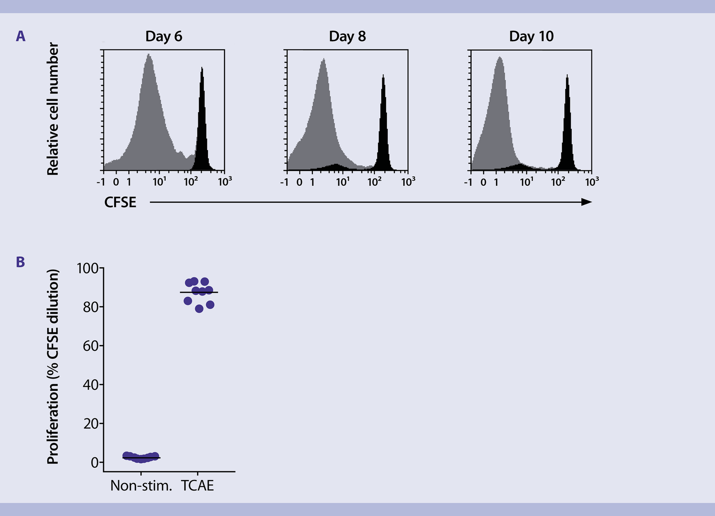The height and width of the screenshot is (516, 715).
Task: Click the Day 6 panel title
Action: point(164,36)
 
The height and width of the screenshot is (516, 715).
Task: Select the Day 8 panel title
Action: point(347,36)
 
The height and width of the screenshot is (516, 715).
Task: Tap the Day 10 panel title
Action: point(531,36)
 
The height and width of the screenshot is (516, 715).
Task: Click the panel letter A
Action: point(21,36)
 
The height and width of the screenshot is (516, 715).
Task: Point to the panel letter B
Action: point(20,262)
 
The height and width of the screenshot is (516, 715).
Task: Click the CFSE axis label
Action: point(120,202)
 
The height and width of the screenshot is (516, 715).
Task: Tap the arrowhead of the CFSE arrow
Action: point(587,202)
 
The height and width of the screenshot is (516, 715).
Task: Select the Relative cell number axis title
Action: point(53,109)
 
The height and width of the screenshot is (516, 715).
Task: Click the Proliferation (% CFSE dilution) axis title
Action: point(53,367)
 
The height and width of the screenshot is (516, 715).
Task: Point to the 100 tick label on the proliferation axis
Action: point(88,268)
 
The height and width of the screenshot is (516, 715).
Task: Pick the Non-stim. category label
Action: point(141,486)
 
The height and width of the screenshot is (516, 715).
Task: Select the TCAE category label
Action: point(198,486)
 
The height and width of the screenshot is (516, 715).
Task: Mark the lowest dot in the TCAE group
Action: point(199,309)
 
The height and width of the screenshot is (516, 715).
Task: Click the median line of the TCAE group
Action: point(199,292)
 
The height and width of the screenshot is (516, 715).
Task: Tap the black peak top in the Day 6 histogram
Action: point(202,68)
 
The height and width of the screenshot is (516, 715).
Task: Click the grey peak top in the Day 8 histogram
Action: point(324,59)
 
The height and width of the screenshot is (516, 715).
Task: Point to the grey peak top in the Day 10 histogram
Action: point(500,57)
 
